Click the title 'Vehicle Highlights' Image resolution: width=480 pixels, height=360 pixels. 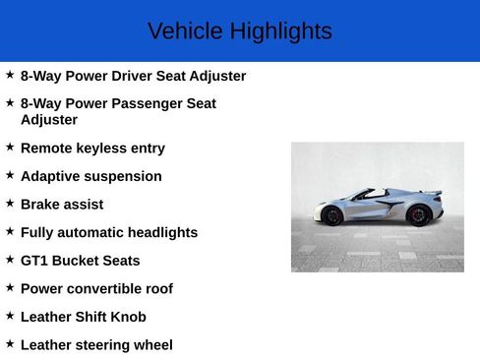click(239, 31)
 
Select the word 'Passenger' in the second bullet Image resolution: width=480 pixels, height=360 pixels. click(151, 103)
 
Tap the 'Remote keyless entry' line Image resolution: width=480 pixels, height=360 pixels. click(92, 149)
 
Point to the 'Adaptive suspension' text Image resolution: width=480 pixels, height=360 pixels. click(90, 177)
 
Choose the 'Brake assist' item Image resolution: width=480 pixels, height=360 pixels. click(62, 205)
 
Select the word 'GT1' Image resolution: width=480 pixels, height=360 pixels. click(34, 261)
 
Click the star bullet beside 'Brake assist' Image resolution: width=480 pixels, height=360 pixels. click(10, 203)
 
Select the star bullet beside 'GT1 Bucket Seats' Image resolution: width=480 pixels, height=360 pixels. click(10, 259)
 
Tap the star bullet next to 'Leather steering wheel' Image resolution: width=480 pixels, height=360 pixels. click(10, 343)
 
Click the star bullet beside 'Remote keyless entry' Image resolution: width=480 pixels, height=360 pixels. click(10, 147)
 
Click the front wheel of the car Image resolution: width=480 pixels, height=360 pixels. click(332, 214)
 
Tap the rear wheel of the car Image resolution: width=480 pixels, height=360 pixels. click(419, 214)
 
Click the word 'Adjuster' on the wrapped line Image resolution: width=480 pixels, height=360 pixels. click(49, 120)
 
